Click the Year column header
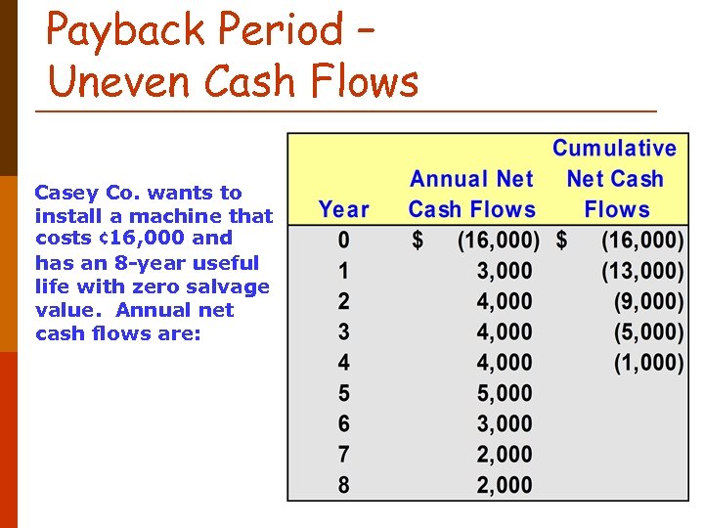click(343, 209)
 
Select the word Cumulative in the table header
click(614, 149)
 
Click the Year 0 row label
click(343, 240)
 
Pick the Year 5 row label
click(343, 393)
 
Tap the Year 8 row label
click(343, 484)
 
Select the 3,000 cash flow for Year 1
click(505, 271)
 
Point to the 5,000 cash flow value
click(505, 393)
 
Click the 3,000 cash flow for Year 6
click(505, 423)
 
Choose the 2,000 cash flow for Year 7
click(505, 454)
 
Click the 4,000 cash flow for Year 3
click(505, 331)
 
